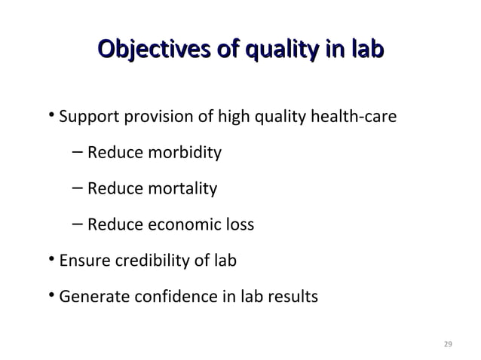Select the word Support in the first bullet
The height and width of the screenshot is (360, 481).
click(x=84, y=118)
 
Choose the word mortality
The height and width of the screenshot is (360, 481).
click(x=179, y=188)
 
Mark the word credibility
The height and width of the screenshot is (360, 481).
click(x=157, y=261)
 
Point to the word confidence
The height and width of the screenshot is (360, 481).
click(x=176, y=297)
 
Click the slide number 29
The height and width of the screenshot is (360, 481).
click(x=448, y=344)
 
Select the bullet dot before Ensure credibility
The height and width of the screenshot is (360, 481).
click(x=51, y=260)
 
